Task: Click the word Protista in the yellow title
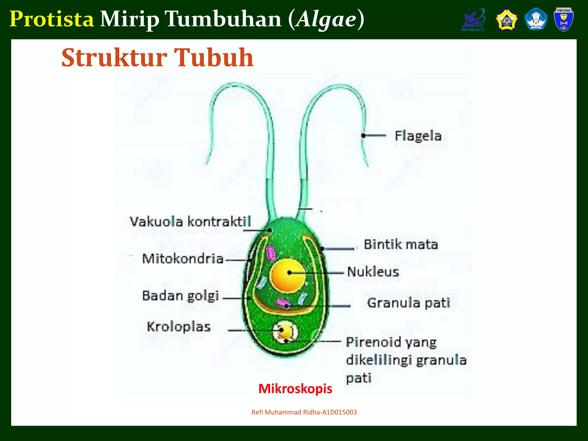coord(52,19)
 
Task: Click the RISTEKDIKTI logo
coord(473,20)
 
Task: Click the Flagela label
coord(418,136)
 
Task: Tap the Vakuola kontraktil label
coord(190,222)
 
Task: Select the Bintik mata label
coord(401,245)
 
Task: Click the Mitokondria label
coord(183,259)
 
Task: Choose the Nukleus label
coord(373,272)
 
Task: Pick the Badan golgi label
coord(181,296)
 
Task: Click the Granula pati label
coord(409,303)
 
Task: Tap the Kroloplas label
coord(179,327)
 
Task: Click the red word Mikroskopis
coord(295,389)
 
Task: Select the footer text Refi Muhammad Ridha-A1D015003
coord(304,412)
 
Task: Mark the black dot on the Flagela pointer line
coord(363,136)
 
